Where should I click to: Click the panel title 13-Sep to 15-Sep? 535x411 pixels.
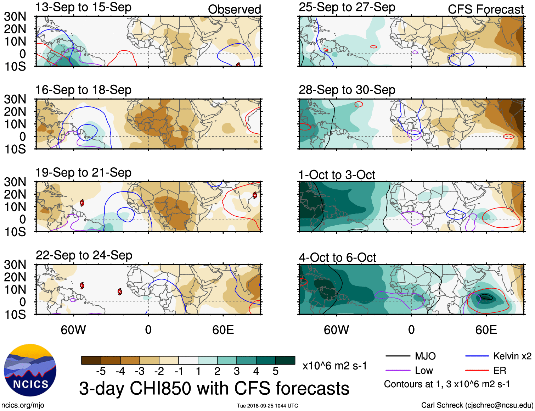83,7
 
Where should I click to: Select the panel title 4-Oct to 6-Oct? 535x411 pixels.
337,257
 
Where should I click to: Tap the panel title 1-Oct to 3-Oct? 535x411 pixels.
337,175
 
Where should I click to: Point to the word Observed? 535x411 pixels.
234,9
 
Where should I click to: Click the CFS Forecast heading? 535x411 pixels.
485,9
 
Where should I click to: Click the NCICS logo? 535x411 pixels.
30,370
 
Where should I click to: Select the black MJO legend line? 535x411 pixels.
398,356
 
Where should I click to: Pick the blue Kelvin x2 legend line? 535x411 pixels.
477,356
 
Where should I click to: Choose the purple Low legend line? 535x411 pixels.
398,371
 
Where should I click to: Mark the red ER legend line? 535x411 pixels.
477,371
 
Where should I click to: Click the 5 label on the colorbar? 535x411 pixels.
276,371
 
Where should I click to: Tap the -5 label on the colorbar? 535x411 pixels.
101,371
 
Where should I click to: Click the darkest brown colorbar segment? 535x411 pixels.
91,360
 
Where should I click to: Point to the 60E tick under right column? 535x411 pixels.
486,330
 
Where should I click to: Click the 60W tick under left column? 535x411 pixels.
73,330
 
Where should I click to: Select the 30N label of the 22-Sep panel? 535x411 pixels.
15,265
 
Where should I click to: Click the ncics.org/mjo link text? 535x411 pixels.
23,405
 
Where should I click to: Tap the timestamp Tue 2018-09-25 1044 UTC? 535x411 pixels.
267,406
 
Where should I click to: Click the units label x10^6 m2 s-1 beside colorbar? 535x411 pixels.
334,366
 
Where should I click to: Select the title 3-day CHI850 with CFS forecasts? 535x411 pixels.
214,388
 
